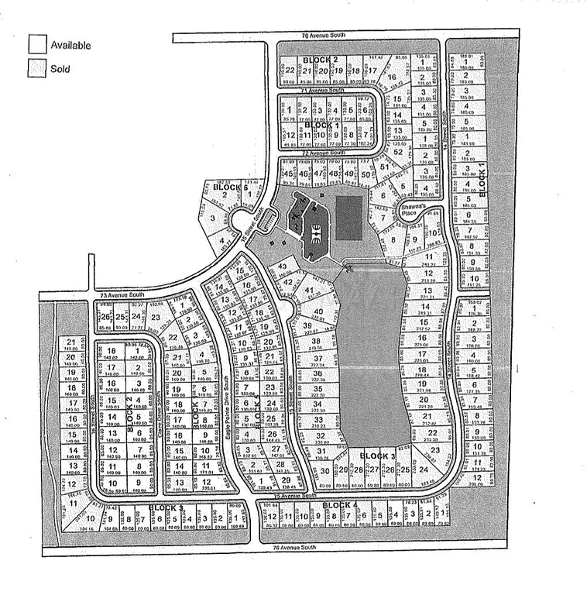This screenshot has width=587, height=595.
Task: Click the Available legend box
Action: [36, 45]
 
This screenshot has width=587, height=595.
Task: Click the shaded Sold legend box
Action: [36, 68]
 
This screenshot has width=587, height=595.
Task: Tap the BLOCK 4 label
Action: [338, 505]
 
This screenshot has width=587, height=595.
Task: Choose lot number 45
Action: [289, 174]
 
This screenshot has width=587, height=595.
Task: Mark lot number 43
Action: [282, 265]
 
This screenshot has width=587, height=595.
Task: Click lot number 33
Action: [317, 418]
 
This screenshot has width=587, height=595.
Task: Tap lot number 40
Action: [318, 311]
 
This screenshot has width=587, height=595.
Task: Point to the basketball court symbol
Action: [316, 232]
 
